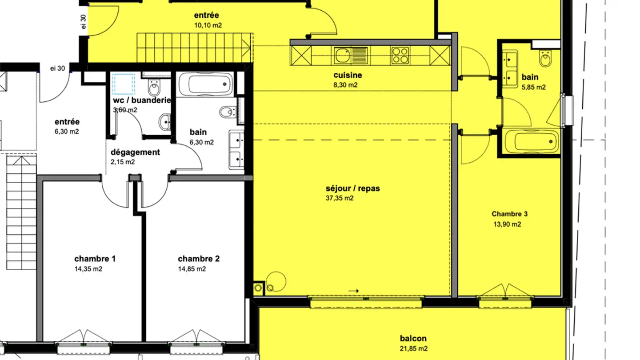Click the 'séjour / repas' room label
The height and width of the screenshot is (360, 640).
pos(352,188)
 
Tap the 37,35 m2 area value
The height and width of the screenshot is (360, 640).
pos(340,198)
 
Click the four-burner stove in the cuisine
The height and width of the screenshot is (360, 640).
pos(400,56)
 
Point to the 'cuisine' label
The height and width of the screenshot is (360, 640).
pos(348,75)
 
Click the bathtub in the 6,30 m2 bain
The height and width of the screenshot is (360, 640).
pos(205,84)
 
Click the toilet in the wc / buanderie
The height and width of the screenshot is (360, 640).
pos(154,88)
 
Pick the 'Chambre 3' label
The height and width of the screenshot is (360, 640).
pos(509,214)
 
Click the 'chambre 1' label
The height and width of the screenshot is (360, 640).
pos(95,259)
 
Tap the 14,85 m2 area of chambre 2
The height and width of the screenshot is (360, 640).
pos(192,269)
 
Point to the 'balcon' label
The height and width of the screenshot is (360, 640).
pos(413,339)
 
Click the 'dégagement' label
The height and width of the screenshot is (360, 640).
pos(135,152)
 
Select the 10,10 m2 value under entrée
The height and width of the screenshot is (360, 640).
pos(208,25)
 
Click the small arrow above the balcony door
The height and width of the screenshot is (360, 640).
pos(353,291)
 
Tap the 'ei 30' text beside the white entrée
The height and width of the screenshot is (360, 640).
pos(57,68)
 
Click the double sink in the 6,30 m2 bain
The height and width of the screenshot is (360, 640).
pos(236,149)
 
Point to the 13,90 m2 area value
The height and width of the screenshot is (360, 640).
pos(507,224)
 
